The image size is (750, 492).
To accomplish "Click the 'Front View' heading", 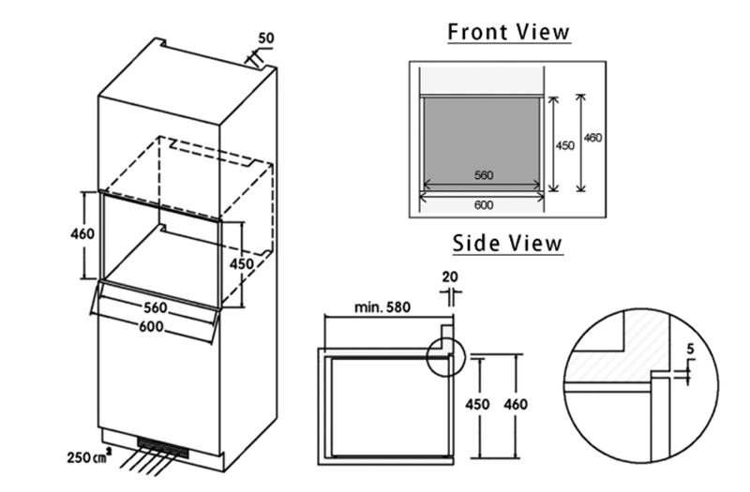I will [x=508, y=31].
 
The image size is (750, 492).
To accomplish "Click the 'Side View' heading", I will [x=508, y=243].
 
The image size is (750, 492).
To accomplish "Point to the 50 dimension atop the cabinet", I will [x=265, y=40].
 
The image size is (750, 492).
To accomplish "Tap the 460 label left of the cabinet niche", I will [x=82, y=233].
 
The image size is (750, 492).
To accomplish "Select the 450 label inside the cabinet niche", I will [x=242, y=264].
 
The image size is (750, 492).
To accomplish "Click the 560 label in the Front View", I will [x=484, y=175].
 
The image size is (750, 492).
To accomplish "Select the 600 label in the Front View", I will [x=484, y=203].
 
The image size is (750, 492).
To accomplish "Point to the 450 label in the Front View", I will [x=565, y=145].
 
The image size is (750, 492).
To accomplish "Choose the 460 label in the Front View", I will [x=592, y=138].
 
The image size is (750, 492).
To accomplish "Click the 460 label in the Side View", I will [x=515, y=405].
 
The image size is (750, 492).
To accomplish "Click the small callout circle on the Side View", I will [x=444, y=356].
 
